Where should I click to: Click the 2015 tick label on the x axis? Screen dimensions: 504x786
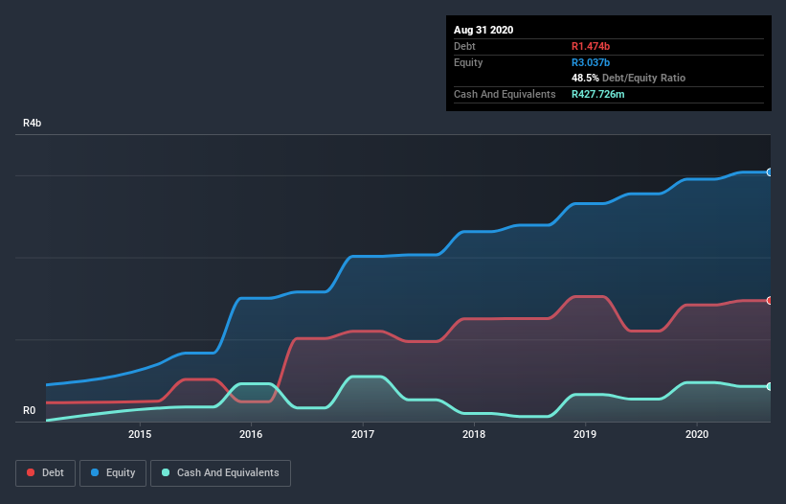click(x=140, y=434)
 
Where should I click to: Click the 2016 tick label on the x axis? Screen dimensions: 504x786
click(x=251, y=434)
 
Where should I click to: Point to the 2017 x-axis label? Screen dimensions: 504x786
click(x=363, y=434)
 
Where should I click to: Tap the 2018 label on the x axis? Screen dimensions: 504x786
click(x=474, y=434)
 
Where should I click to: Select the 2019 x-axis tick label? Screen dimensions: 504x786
click(x=585, y=434)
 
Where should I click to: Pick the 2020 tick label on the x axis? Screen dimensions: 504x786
click(x=697, y=434)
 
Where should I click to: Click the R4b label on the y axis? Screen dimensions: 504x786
click(x=33, y=124)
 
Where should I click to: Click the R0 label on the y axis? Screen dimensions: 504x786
click(x=29, y=411)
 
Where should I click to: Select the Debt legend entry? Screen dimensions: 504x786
click(x=44, y=472)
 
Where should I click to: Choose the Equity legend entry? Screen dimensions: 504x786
click(x=114, y=472)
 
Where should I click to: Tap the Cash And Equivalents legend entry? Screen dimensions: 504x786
click(x=220, y=472)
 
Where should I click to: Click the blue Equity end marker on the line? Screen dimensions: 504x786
click(x=770, y=172)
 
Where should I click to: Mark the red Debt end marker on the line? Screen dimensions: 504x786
click(x=770, y=301)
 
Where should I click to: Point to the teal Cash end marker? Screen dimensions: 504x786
click(x=770, y=386)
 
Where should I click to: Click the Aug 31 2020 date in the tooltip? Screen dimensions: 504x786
click(x=483, y=30)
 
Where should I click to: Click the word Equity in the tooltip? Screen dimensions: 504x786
click(x=469, y=62)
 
